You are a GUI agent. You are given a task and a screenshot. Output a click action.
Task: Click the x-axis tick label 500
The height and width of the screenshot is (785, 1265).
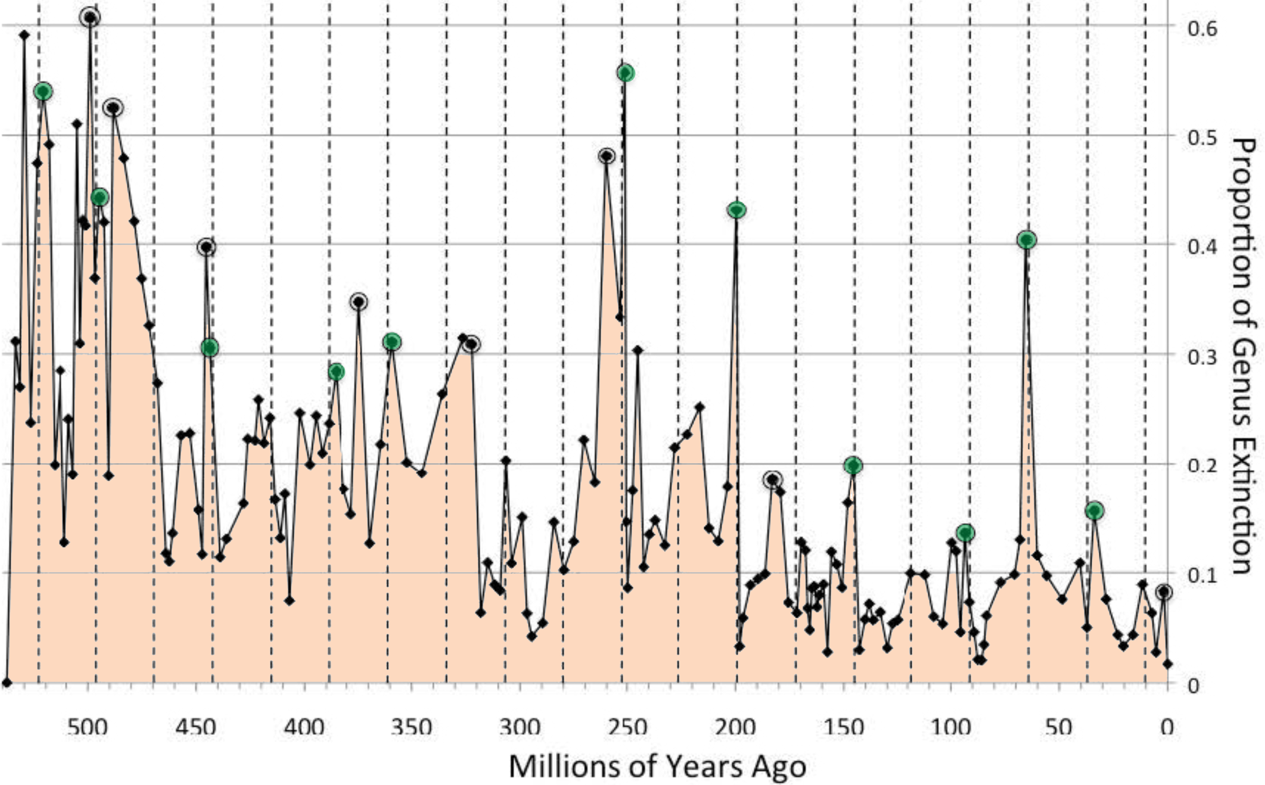point(88,727)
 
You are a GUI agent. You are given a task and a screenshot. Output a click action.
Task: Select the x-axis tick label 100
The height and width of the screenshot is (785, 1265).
point(951,727)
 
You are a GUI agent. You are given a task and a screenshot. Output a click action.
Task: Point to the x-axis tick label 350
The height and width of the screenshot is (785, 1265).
point(411,727)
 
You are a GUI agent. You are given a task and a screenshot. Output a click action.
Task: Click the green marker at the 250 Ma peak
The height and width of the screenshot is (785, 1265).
point(626,73)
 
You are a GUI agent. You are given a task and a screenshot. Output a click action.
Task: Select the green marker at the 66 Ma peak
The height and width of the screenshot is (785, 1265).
point(1026,240)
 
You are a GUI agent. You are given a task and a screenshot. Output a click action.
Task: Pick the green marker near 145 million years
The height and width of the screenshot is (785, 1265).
point(853,466)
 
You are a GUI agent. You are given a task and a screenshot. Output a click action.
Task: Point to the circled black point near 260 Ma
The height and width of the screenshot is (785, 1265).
point(607,156)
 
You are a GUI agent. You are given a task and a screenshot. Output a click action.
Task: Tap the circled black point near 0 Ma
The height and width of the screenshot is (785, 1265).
point(1165,592)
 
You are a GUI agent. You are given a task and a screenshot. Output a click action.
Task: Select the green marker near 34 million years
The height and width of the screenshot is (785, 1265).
point(1094,511)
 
